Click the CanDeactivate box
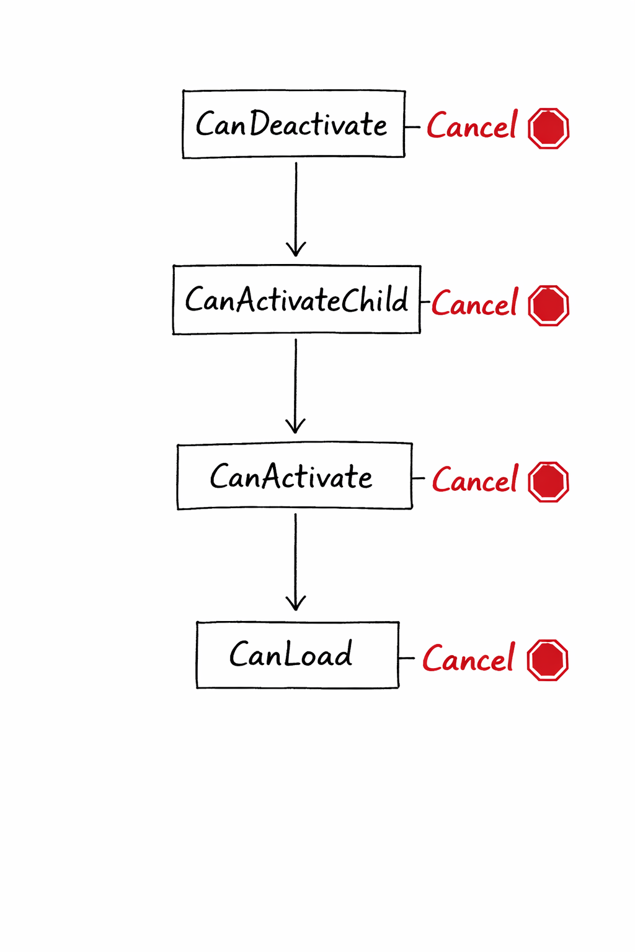(293, 124)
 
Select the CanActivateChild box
(296, 300)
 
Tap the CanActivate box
(295, 476)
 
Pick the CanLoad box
(298, 654)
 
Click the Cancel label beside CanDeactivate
(472, 126)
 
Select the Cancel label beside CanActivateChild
(475, 303)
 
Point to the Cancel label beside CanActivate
(475, 480)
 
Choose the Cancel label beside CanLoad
(469, 658)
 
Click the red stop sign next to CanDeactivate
(548, 128)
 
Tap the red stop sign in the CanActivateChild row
(548, 305)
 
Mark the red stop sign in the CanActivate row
(548, 482)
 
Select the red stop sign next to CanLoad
(548, 660)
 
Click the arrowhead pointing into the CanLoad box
(296, 603)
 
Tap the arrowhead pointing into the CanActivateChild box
(296, 249)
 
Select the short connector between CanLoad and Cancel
(407, 658)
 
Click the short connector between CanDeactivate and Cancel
(412, 127)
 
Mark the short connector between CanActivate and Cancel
(419, 478)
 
